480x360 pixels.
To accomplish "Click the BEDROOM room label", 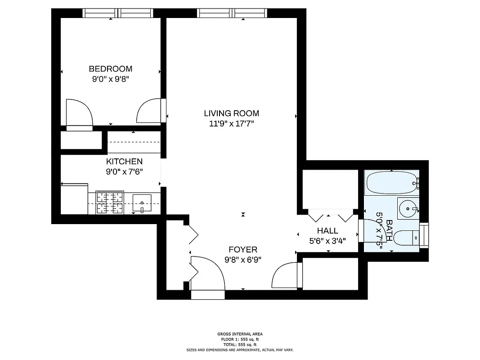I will tap(110, 69).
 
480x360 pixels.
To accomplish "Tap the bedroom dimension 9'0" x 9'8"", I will tap(110, 79).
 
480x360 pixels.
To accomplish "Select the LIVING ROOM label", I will tap(231, 113).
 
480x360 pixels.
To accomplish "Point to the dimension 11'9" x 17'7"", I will tap(231, 124).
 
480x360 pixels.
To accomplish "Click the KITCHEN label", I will tap(124, 162).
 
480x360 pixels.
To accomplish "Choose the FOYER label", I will tap(243, 250).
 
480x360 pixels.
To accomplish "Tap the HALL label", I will tap(327, 231).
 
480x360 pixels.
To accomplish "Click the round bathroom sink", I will tap(408, 208).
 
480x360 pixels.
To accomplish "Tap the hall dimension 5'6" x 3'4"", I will tap(327, 241).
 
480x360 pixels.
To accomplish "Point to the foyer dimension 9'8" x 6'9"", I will tap(243, 260).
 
